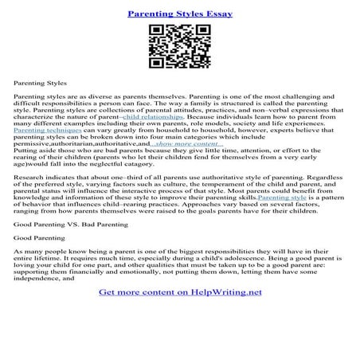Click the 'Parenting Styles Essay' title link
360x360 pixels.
coord(179,14)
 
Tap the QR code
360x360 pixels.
coord(179,46)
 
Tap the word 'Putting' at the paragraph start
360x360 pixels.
coord(26,151)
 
